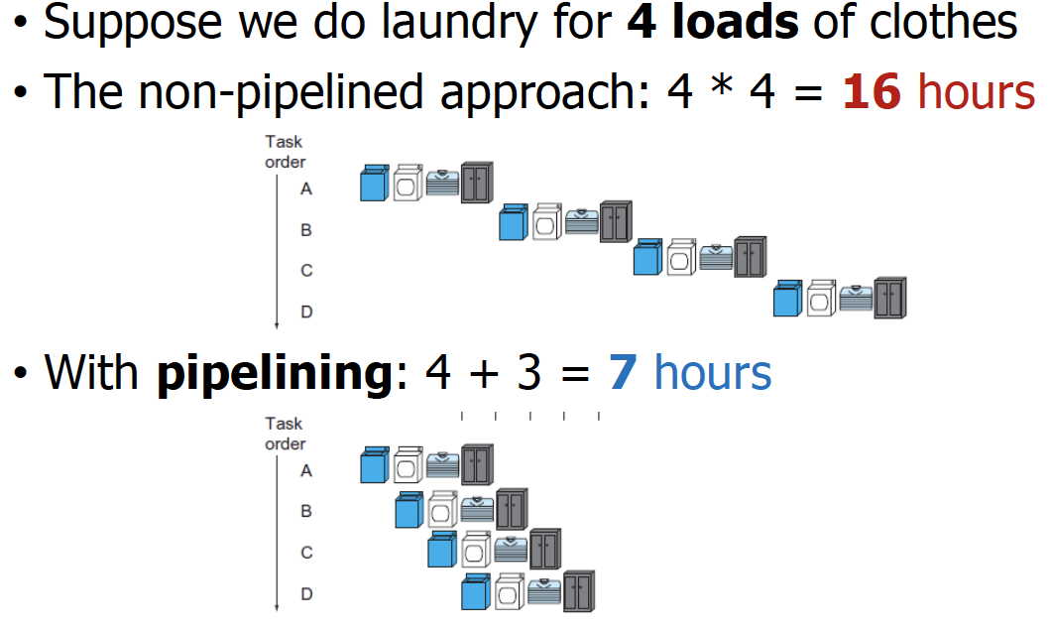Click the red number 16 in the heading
point(872,92)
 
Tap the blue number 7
point(622,373)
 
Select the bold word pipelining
point(275,375)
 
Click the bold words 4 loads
point(713,22)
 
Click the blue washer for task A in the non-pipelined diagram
point(373,185)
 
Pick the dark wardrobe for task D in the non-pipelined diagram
point(890,299)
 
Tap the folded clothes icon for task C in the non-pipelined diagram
point(716,258)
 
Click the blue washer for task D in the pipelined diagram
point(476,593)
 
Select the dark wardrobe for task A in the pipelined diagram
point(477,464)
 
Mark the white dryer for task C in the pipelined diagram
point(477,550)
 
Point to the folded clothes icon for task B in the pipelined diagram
point(477,507)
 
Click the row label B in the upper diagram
point(306,229)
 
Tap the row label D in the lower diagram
point(306,594)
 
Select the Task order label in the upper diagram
point(285,152)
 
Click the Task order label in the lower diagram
point(285,434)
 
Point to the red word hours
point(977,92)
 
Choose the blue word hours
point(713,373)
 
